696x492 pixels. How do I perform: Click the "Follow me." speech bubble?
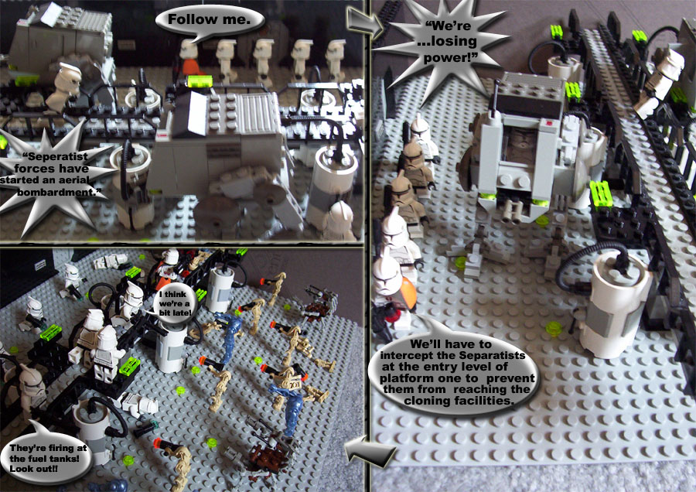coord(210,22)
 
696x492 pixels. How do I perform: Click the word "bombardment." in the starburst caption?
coord(59,193)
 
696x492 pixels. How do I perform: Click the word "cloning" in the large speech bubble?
coord(427,401)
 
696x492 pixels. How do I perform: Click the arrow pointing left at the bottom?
coord(370,451)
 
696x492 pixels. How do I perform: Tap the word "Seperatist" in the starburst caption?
coord(55,157)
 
